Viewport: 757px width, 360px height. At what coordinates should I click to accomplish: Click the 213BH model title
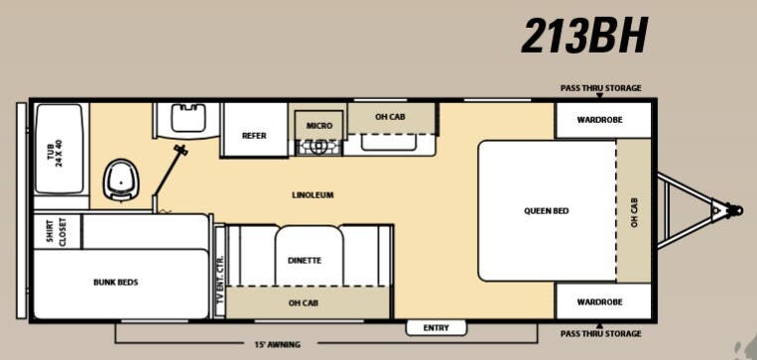point(585,37)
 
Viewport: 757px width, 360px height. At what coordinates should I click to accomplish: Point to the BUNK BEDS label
point(116,283)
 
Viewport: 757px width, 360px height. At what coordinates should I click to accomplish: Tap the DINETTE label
point(305,260)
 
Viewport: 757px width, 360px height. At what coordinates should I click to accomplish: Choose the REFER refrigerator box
point(254,136)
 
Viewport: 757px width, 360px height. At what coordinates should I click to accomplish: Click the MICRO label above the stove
point(318,126)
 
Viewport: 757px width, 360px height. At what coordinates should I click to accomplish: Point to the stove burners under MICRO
point(318,147)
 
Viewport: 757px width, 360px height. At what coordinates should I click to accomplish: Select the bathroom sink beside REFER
point(185,120)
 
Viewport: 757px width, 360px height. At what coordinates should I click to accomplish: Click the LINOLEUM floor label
point(313,194)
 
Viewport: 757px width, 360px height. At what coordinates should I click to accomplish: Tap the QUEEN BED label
point(547,210)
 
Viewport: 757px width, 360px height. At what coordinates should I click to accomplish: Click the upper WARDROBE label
point(602,122)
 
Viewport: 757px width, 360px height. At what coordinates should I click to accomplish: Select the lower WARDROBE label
point(602,301)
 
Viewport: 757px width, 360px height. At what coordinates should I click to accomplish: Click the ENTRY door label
point(436,328)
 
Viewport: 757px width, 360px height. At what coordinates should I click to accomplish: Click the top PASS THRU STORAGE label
point(600,88)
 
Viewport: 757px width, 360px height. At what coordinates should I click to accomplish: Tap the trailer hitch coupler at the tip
point(733,210)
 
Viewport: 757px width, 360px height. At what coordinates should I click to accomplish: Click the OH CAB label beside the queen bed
point(634,210)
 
